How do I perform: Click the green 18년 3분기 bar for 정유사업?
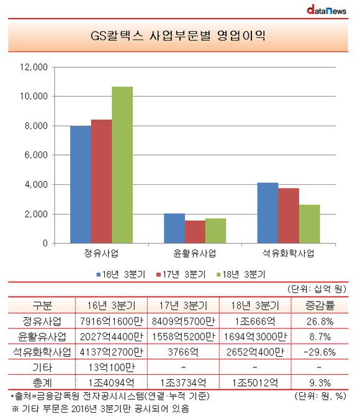pyautogui.click(x=122, y=165)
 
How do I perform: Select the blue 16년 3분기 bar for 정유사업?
pyautogui.click(x=81, y=184)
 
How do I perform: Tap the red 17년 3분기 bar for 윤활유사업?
pyautogui.click(x=195, y=232)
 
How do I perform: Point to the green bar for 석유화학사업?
pyautogui.click(x=310, y=224)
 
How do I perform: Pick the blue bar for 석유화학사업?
pyautogui.click(x=268, y=213)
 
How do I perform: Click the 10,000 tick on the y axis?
pyautogui.click(x=34, y=96)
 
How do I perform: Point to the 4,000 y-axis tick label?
pyautogui.click(x=36, y=184)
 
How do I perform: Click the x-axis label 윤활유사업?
pyautogui.click(x=194, y=253)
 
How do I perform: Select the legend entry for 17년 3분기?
pyautogui.click(x=181, y=274)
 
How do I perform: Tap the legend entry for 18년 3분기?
pyautogui.click(x=241, y=274)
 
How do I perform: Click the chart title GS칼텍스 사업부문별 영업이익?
pyautogui.click(x=178, y=35)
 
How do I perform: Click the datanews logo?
pyautogui.click(x=326, y=10)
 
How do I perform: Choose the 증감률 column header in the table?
pyautogui.click(x=320, y=305)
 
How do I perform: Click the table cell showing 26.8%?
pyautogui.click(x=320, y=321)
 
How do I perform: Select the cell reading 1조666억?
pyautogui.click(x=255, y=321)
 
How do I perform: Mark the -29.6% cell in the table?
pyautogui.click(x=320, y=352)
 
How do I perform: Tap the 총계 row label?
pyautogui.click(x=42, y=383)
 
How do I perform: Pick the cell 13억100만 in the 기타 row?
pyautogui.click(x=112, y=367)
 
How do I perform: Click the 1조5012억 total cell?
pyautogui.click(x=255, y=383)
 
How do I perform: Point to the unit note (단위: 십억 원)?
pyautogui.click(x=317, y=289)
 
